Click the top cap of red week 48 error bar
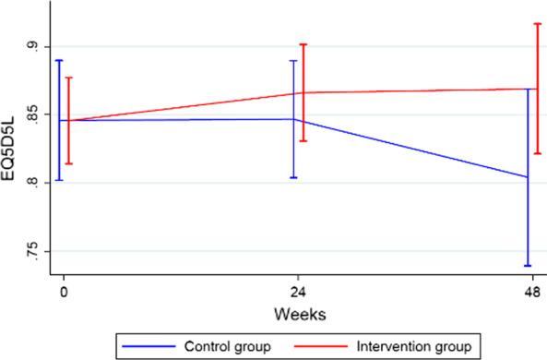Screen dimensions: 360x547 pyautogui.click(x=536, y=24)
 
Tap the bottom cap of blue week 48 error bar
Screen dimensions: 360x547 pyautogui.click(x=529, y=266)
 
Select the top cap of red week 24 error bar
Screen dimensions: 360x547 pyautogui.click(x=303, y=44)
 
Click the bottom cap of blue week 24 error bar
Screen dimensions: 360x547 pyautogui.click(x=293, y=177)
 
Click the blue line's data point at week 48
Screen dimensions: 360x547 pyautogui.click(x=529, y=177)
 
